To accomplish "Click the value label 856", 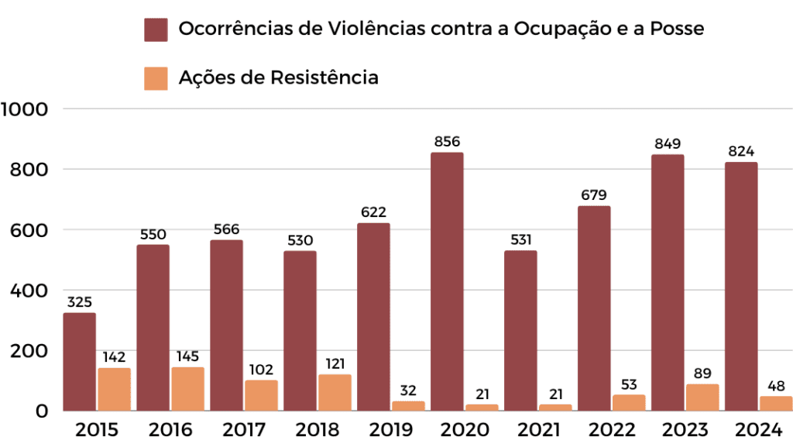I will [x=447, y=142].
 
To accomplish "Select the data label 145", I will [x=187, y=356].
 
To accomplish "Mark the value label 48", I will [x=776, y=386].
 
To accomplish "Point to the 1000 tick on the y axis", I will [x=26, y=108].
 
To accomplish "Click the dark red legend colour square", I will [x=156, y=29].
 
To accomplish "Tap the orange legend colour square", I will [x=156, y=78].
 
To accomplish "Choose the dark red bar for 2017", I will [x=226, y=325].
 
